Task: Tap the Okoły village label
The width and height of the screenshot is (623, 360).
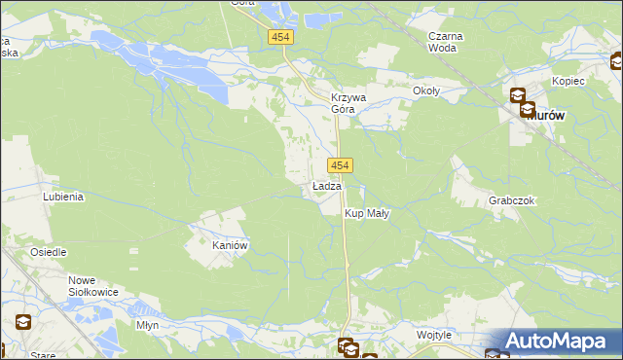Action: point(426,91)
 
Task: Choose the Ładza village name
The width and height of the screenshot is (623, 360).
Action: point(326,186)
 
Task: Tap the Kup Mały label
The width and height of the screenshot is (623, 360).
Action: point(367,213)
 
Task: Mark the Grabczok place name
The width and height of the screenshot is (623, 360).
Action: point(512,200)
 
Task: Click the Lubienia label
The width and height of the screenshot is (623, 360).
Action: point(63,196)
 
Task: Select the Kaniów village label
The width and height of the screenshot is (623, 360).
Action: point(232,246)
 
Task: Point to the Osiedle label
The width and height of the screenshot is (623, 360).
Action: point(48,252)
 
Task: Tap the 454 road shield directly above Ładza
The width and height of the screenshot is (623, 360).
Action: point(339,165)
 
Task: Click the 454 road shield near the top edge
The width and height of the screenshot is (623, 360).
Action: point(281,36)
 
